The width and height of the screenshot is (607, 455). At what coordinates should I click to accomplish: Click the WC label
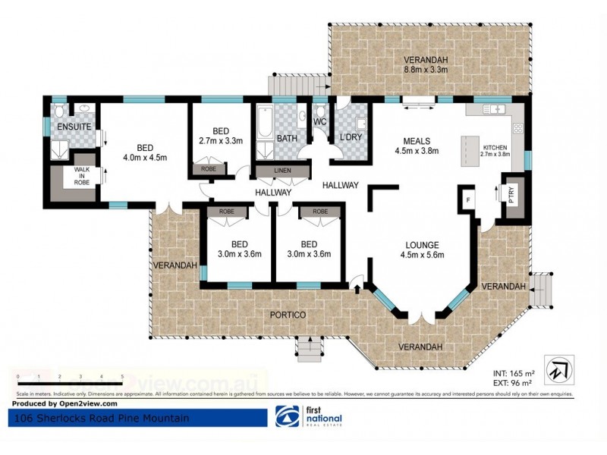320,121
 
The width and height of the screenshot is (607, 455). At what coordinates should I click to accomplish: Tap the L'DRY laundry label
350,137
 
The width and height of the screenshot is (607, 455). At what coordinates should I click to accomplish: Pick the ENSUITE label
74,126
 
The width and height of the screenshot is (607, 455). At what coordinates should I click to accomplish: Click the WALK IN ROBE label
81,177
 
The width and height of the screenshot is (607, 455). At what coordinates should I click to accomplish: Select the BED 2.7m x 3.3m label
220,135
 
